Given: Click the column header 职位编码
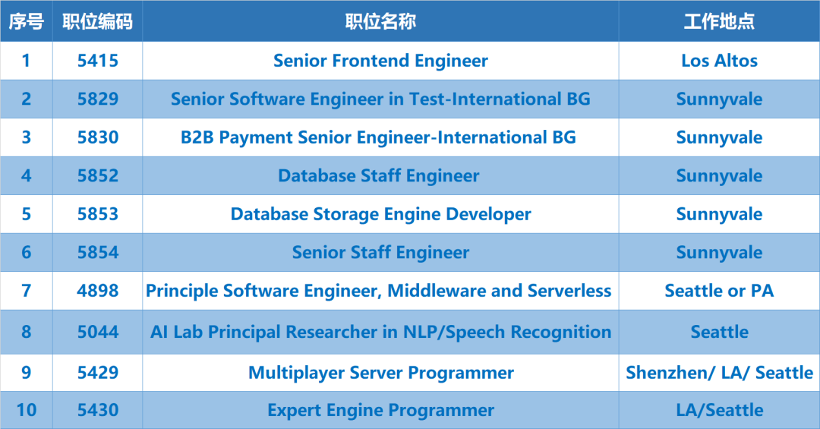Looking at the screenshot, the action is coord(97,21).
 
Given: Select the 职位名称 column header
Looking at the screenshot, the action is coord(380,21).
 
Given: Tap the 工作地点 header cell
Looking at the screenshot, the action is coord(719,21).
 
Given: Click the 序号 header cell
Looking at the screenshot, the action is coord(26,21).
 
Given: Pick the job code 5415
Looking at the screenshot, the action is coord(98,61).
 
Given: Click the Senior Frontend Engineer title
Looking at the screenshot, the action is coord(380,61).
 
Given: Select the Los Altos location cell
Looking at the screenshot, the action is coord(719,61).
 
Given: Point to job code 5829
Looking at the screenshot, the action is coord(98,99).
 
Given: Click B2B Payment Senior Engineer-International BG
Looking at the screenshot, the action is coord(378,137).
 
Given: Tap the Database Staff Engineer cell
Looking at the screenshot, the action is coord(379,176).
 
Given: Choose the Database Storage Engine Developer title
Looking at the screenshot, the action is coord(380,214).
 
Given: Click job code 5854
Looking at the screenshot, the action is coord(98,252).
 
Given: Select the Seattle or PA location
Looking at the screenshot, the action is coord(719,290).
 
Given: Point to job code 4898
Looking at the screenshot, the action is coord(98,290).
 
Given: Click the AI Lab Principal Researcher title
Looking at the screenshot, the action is coord(380,332).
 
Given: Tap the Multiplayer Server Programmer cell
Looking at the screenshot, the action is coord(380,373).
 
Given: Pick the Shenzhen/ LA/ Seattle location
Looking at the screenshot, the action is coord(719,373).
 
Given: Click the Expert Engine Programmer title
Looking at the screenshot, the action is coord(380,410).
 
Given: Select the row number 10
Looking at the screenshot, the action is coord(26,410).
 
